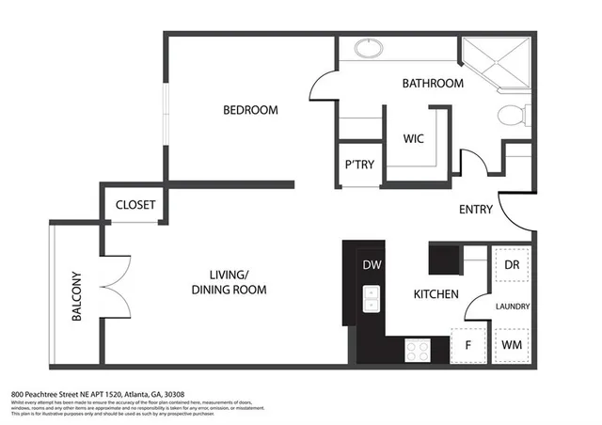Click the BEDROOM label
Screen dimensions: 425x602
point(250,110)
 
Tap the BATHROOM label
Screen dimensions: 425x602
point(433,84)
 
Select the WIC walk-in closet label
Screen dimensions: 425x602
point(414,138)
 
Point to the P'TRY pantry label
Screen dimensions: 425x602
point(359,165)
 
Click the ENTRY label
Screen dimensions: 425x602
point(476,210)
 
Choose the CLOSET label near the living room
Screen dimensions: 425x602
point(135,205)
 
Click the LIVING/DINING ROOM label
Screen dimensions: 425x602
point(229,282)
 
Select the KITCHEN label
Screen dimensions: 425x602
point(436,294)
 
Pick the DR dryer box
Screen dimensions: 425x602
point(511,265)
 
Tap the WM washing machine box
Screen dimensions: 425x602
point(511,345)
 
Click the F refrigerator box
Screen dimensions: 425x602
point(467,345)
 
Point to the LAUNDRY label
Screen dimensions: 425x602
point(513,307)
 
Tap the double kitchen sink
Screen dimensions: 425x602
point(371,299)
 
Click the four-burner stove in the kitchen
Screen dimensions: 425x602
point(417,350)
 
